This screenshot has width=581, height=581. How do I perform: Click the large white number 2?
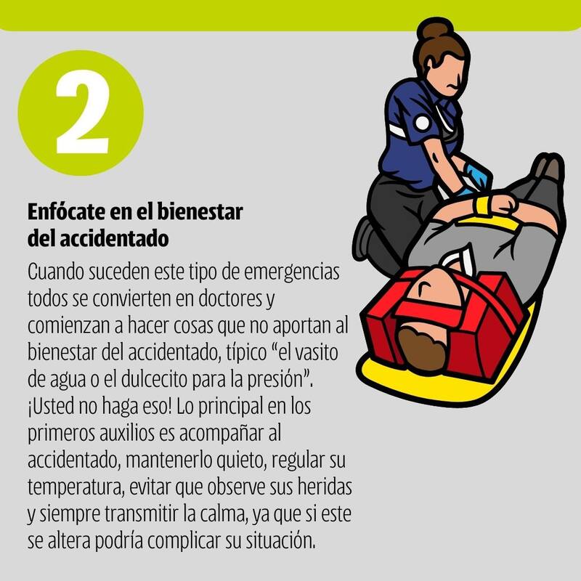tap(82, 112)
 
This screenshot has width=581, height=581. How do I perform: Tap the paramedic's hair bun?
tap(434, 30)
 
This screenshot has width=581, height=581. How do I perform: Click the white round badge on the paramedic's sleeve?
tap(422, 123)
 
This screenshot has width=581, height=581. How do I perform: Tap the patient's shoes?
tap(548, 168)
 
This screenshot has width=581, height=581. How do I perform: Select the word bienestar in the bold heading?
tap(200, 211)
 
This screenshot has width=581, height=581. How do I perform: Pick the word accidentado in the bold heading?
tap(114, 238)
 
